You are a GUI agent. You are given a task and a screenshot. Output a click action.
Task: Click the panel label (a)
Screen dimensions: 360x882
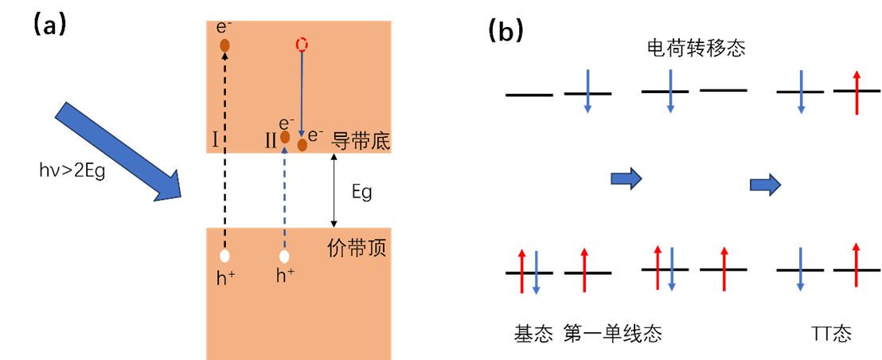point(49,25)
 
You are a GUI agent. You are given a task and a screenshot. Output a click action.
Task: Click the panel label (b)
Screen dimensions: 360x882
point(505,30)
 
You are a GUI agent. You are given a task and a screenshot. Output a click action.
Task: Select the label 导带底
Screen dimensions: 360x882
point(359,140)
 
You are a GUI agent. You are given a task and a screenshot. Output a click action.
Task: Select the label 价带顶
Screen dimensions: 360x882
point(357,248)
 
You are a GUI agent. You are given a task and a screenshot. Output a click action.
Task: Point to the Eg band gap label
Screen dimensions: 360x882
point(361,192)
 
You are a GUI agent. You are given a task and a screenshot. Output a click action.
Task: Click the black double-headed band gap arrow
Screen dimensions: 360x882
point(334,190)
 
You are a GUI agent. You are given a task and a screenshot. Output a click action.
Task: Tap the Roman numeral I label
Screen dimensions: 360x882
point(215,141)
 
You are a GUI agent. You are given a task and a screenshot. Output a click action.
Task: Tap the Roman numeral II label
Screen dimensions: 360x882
point(271,141)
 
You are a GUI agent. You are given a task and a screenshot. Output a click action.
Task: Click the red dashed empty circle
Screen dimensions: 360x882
point(301,45)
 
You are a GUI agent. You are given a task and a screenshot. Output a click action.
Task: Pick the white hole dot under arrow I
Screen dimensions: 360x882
point(224,256)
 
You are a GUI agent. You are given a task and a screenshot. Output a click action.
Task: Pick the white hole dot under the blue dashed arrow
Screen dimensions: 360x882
point(284,256)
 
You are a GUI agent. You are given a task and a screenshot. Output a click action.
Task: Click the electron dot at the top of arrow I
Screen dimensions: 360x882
point(224,45)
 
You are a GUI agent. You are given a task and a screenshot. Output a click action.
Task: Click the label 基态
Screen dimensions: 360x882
point(533,333)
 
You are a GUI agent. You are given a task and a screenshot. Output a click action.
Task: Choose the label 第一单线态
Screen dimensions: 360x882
point(612,333)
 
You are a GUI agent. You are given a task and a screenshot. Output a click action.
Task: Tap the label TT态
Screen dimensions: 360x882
point(831,333)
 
